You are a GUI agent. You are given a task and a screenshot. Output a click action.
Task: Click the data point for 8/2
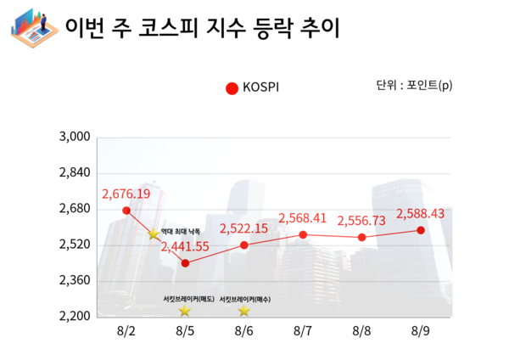[126, 211]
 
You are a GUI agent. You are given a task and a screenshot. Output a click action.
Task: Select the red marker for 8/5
[185, 263]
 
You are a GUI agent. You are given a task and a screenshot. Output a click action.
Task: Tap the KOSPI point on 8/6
[244, 245]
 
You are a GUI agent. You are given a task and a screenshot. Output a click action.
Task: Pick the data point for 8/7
[303, 234]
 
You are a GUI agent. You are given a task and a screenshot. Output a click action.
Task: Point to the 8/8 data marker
[362, 237]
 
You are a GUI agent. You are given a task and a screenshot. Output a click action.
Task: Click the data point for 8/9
[421, 230]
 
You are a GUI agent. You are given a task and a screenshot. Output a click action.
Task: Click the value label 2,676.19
[126, 194]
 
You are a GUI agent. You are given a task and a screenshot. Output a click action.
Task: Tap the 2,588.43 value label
[421, 214]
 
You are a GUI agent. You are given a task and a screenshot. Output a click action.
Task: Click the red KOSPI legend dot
[232, 87]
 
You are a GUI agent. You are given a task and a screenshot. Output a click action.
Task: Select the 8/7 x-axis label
[303, 331]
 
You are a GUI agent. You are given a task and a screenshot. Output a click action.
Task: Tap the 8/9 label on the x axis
[421, 331]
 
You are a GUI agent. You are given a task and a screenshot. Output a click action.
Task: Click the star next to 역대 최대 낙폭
[154, 234]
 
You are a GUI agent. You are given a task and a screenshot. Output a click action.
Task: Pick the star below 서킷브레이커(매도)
[185, 312]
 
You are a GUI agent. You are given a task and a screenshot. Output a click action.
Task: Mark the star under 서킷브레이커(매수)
[244, 312]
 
